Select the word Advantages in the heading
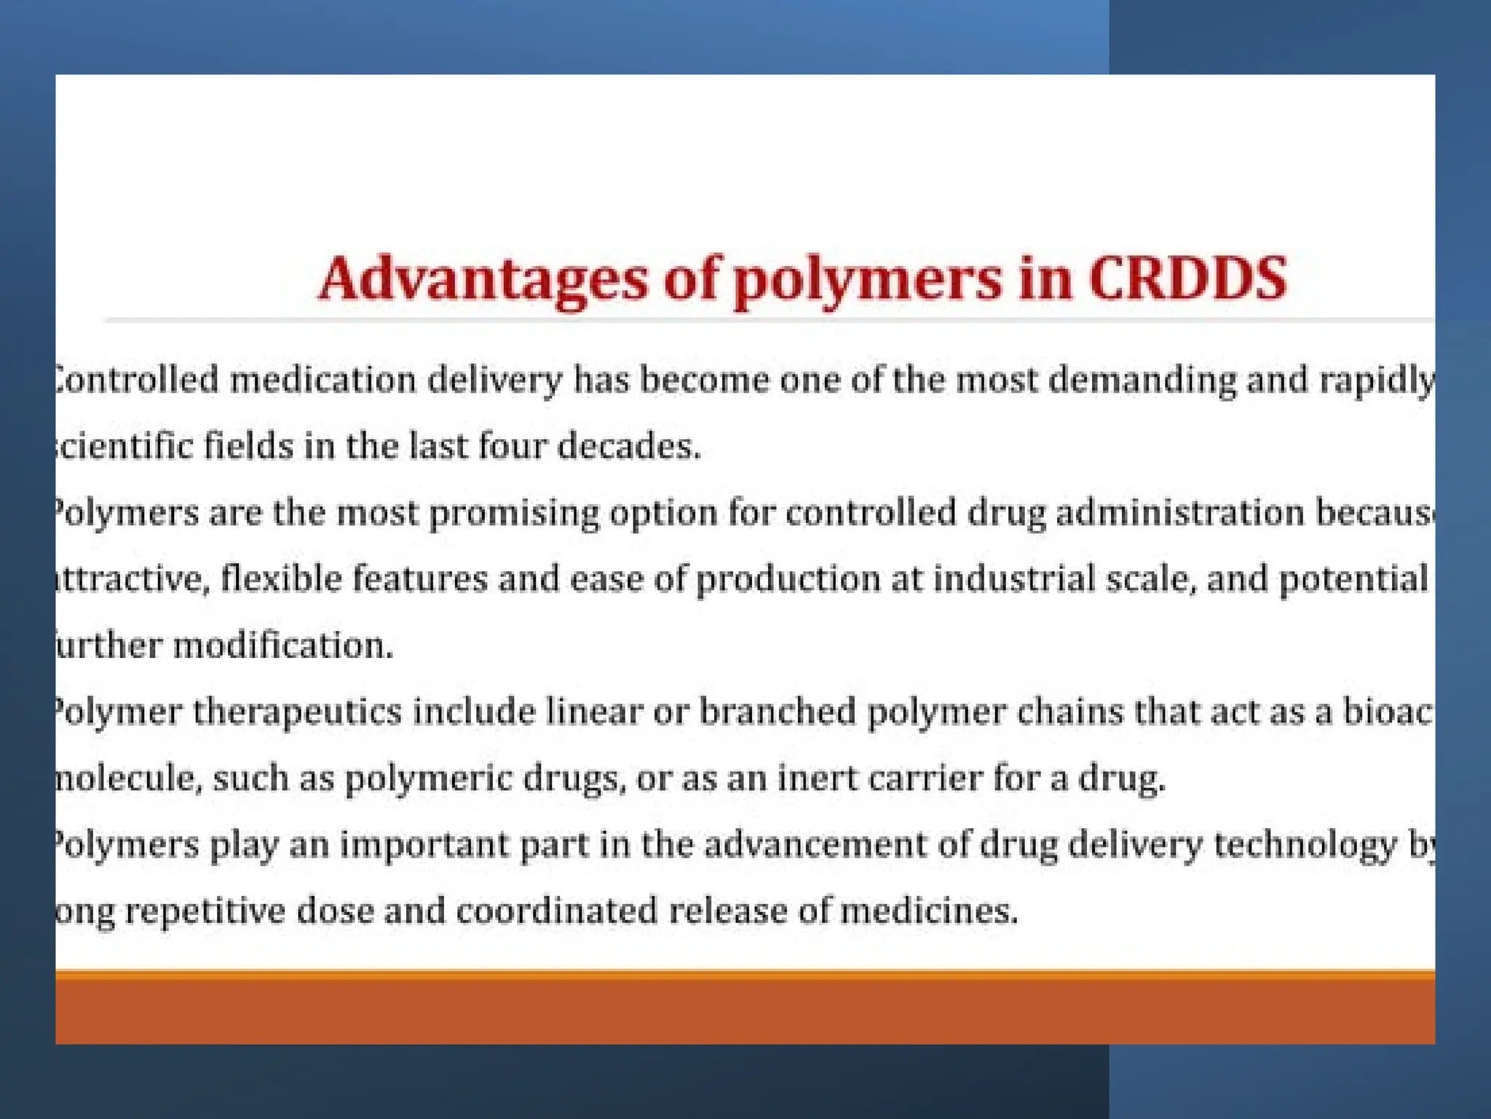point(483,280)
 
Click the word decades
point(629,446)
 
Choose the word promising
point(514,513)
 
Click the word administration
point(1179,512)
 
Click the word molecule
point(128,778)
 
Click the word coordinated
point(557,911)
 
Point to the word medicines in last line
point(928,911)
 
